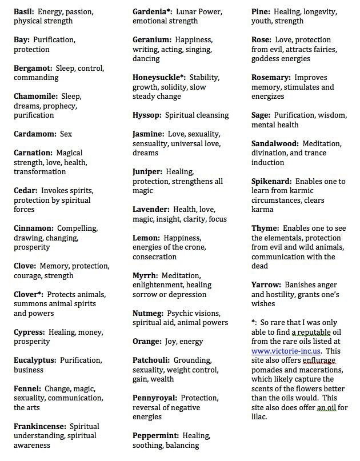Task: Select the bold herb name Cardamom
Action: pos(35,134)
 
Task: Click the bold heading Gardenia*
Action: pos(153,11)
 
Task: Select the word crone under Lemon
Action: pos(194,247)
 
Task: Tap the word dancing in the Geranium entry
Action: pos(146,58)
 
